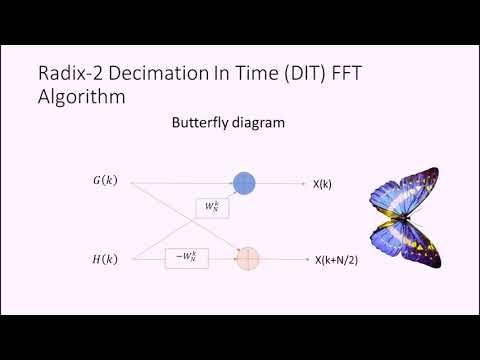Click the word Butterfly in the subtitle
[195, 124]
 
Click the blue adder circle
[245, 182]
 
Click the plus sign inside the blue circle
[245, 182]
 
